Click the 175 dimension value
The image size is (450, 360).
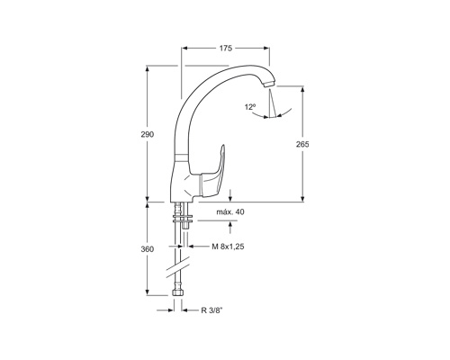tap(226, 48)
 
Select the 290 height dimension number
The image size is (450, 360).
tap(148, 134)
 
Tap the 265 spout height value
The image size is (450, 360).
tap(302, 144)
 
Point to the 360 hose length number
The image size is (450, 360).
tap(148, 249)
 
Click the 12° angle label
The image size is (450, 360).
tap(250, 107)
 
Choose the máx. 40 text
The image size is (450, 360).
tap(230, 211)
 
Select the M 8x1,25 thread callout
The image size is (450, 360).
tap(228, 247)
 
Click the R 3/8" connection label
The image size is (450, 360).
tap(212, 310)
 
